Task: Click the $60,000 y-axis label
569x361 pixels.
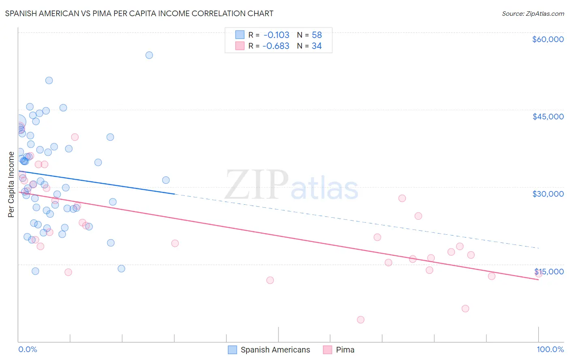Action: pyautogui.click(x=548, y=39)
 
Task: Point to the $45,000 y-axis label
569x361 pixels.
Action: pyautogui.click(x=548, y=117)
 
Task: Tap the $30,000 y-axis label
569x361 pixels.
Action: pyautogui.click(x=548, y=194)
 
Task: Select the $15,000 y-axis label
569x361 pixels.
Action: pyautogui.click(x=549, y=272)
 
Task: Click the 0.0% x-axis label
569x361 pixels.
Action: pyautogui.click(x=28, y=349)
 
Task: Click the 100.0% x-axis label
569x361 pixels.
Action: pyautogui.click(x=550, y=349)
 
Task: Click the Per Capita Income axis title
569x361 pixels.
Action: pyautogui.click(x=11, y=184)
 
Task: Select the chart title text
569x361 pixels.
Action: pyautogui.click(x=139, y=13)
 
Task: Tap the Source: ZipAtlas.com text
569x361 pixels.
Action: pyautogui.click(x=533, y=14)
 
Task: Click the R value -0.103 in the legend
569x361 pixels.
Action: pyautogui.click(x=276, y=35)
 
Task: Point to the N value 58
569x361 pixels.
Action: pyautogui.click(x=316, y=35)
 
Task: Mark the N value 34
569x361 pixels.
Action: pyautogui.click(x=316, y=46)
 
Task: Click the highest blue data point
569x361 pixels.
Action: pyautogui.click(x=149, y=55)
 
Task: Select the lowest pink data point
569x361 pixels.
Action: pyautogui.click(x=361, y=320)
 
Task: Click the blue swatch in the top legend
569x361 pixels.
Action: pyautogui.click(x=240, y=35)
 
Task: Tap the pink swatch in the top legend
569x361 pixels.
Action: pyautogui.click(x=240, y=46)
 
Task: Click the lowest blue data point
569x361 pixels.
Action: pyautogui.click(x=35, y=271)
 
